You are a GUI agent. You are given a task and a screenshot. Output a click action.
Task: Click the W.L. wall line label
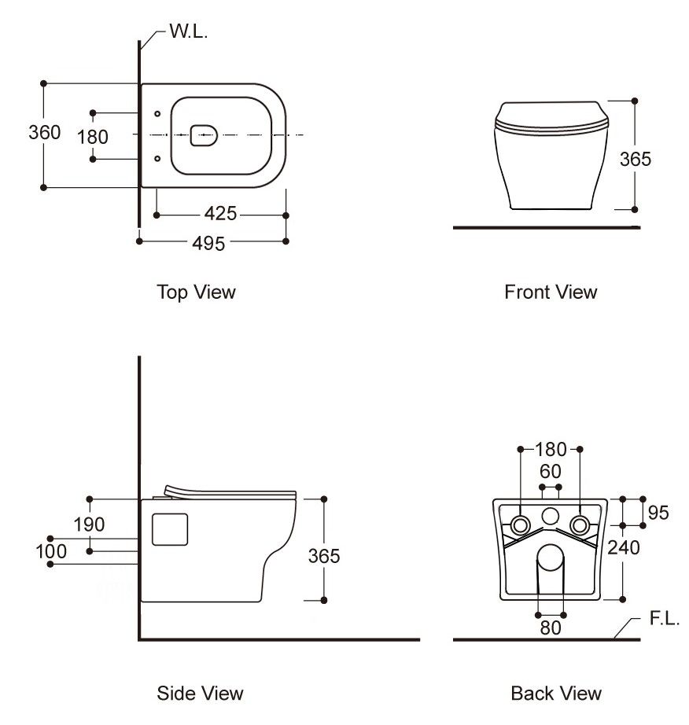[189, 32]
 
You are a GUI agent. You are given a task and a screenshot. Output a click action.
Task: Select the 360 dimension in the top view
[44, 133]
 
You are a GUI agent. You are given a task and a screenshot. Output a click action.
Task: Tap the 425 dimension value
[220, 214]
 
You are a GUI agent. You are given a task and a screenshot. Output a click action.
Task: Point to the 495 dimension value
[208, 243]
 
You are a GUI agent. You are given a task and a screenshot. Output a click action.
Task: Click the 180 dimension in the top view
[93, 137]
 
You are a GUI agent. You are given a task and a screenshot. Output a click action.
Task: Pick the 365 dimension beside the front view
[636, 159]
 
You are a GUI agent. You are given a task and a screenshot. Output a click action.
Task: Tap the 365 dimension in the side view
[323, 556]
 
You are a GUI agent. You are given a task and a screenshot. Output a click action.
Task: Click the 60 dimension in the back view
[551, 472]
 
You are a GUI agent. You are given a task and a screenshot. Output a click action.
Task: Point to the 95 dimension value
[658, 513]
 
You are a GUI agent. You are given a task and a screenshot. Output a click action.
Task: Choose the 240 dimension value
[624, 547]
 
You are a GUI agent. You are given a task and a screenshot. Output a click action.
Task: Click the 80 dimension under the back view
[551, 628]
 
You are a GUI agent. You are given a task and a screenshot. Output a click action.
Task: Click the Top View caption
[197, 293]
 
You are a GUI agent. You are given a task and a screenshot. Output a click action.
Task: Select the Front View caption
[551, 293]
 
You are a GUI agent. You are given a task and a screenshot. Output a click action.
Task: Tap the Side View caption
[200, 694]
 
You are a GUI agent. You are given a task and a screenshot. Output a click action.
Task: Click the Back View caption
[556, 694]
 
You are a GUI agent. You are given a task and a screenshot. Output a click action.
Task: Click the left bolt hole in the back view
[521, 524]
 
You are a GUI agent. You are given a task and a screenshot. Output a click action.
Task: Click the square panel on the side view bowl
[168, 528]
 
